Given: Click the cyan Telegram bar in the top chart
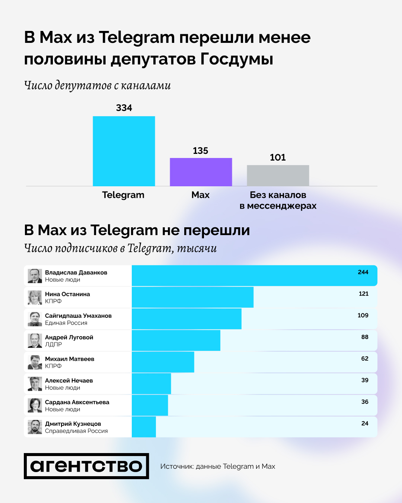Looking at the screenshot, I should [124, 151].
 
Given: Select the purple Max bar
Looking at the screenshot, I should [201, 172].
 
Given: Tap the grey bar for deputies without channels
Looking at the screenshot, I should [278, 175].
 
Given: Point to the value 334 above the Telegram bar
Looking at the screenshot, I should [124, 108].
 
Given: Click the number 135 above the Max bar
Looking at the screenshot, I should [201, 151].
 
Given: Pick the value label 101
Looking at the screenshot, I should [278, 158].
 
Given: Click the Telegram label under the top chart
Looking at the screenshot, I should [123, 195].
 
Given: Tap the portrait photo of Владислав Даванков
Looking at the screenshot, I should [35, 276].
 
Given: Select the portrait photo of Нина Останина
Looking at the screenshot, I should [35, 298].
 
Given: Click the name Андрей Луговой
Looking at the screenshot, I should [69, 337].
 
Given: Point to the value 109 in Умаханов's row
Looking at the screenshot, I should [363, 316].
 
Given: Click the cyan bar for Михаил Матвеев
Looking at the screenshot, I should [163, 362].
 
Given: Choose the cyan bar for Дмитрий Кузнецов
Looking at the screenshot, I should [144, 427].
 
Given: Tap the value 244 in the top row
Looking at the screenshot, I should [363, 272].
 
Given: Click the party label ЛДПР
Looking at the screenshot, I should [53, 345].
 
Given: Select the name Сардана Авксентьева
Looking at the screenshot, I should [77, 402].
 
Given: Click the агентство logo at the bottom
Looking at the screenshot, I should [86, 466].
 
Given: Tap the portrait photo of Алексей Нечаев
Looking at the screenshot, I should [35, 384].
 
